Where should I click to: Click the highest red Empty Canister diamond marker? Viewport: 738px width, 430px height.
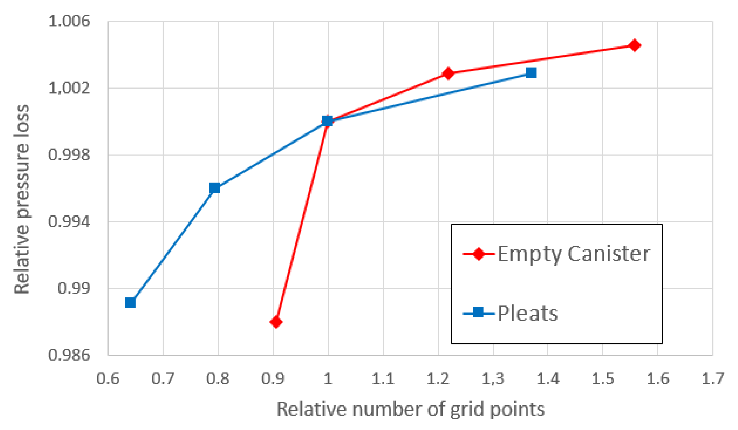point(634,45)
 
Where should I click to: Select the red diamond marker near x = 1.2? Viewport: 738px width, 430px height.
point(448,73)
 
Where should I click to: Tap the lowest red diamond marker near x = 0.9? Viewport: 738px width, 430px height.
point(276,322)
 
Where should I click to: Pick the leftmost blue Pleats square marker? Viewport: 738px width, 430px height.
point(130,303)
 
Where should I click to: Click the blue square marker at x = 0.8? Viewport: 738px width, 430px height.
point(215,188)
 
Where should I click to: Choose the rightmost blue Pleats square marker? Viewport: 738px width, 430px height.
point(531,73)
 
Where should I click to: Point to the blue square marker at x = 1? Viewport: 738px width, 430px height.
point(327,121)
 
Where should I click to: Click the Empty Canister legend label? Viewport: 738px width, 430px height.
point(574,254)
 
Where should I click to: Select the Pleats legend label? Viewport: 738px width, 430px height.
point(528,314)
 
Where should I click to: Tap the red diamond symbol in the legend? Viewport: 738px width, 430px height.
point(478,254)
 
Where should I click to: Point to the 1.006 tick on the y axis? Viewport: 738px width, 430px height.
point(69,21)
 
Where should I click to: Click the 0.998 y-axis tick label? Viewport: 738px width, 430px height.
point(69,155)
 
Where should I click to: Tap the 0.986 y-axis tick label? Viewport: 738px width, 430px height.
point(69,355)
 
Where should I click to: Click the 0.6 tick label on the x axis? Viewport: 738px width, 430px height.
point(108,378)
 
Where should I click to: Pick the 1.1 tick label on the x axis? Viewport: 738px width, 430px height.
point(383,378)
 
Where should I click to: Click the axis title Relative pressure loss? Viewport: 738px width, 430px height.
point(22,199)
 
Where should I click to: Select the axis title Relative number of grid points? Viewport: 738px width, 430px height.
point(411,409)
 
